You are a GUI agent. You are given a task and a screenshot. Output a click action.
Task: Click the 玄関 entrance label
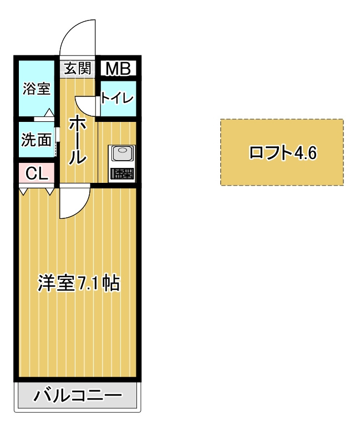tap(77, 68)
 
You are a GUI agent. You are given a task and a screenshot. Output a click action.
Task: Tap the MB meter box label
tap(118, 69)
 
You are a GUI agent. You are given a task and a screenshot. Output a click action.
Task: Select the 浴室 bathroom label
tap(36, 89)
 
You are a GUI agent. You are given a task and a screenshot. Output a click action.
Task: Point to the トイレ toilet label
tap(117, 99)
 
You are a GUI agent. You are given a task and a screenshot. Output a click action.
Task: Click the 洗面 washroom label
tap(36, 140)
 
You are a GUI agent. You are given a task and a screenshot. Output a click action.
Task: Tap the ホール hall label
tap(77, 141)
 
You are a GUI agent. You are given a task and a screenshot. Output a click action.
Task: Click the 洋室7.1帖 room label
tap(79, 283)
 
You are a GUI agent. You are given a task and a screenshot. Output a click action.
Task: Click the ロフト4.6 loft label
tap(282, 152)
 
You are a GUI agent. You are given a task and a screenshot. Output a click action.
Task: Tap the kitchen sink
tap(121, 152)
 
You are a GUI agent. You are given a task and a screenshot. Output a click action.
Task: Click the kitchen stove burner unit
tap(121, 173)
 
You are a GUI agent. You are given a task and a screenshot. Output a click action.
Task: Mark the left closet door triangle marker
tap(23, 191)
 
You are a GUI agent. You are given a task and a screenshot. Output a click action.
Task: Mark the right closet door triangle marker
tap(50, 191)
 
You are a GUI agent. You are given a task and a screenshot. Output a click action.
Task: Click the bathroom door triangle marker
tap(49, 113)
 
